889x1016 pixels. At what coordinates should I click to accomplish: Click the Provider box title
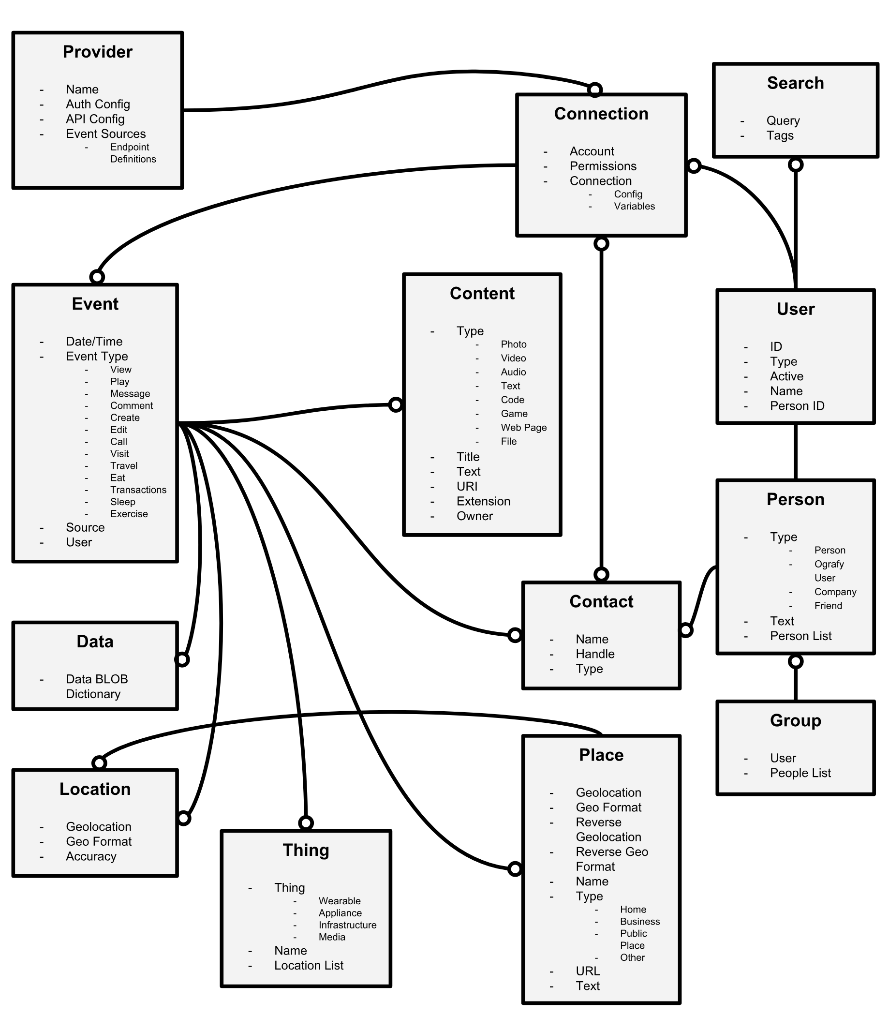[98, 52]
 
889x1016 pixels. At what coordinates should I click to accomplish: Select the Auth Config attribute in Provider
[98, 104]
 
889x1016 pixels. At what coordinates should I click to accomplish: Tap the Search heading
[795, 83]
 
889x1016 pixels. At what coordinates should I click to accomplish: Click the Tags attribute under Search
[780, 135]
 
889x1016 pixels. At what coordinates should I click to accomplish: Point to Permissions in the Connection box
[603, 166]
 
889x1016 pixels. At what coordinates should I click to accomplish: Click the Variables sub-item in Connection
[634, 207]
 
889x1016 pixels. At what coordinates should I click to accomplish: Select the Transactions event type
[138, 490]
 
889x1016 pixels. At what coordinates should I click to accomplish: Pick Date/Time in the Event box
[94, 341]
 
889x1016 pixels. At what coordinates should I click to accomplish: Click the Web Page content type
[523, 428]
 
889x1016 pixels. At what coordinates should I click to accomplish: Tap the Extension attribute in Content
[483, 501]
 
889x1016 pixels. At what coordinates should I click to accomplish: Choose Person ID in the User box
[797, 406]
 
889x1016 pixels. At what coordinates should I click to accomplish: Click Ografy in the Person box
[829, 564]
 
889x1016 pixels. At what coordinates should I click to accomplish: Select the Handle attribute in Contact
[595, 654]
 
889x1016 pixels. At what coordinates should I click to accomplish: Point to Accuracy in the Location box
[91, 856]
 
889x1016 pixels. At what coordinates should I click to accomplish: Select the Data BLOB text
[97, 679]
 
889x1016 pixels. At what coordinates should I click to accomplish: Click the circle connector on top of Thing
[306, 823]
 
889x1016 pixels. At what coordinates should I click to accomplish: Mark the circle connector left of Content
[395, 405]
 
